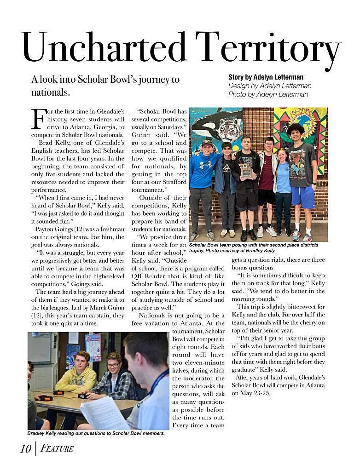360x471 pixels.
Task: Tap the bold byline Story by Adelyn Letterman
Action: [266, 77]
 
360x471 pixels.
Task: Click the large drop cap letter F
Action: [39, 119]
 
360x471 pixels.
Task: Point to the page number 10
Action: [25, 448]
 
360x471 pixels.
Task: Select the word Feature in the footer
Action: [57, 448]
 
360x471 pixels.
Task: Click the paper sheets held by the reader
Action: [105, 412]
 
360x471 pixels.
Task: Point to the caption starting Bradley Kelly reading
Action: [96, 433]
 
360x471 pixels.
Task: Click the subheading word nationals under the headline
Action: [51, 92]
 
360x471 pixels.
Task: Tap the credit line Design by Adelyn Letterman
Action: [270, 86]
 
